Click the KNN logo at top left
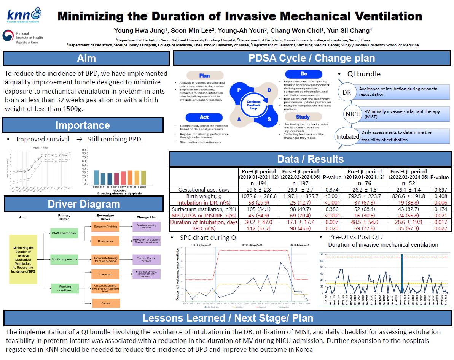24,16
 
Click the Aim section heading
86,59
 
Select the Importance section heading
83,125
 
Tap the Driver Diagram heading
84,204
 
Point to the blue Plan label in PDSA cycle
204,76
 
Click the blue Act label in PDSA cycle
204,117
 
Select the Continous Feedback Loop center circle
253,103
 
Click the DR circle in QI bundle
347,92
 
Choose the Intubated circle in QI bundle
348,136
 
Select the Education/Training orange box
105,227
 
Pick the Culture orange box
105,303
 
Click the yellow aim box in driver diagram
23,259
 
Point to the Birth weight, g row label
204,197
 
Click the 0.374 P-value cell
332,190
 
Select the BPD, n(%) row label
204,228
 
